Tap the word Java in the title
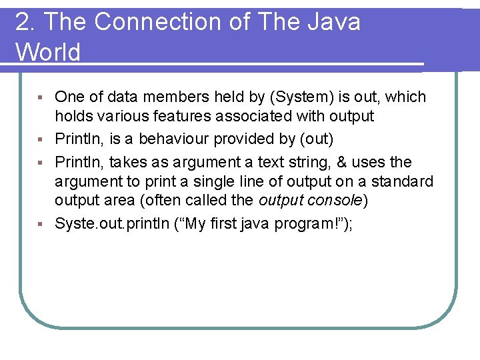(x=333, y=22)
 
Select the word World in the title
(x=47, y=52)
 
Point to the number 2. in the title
(x=24, y=22)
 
